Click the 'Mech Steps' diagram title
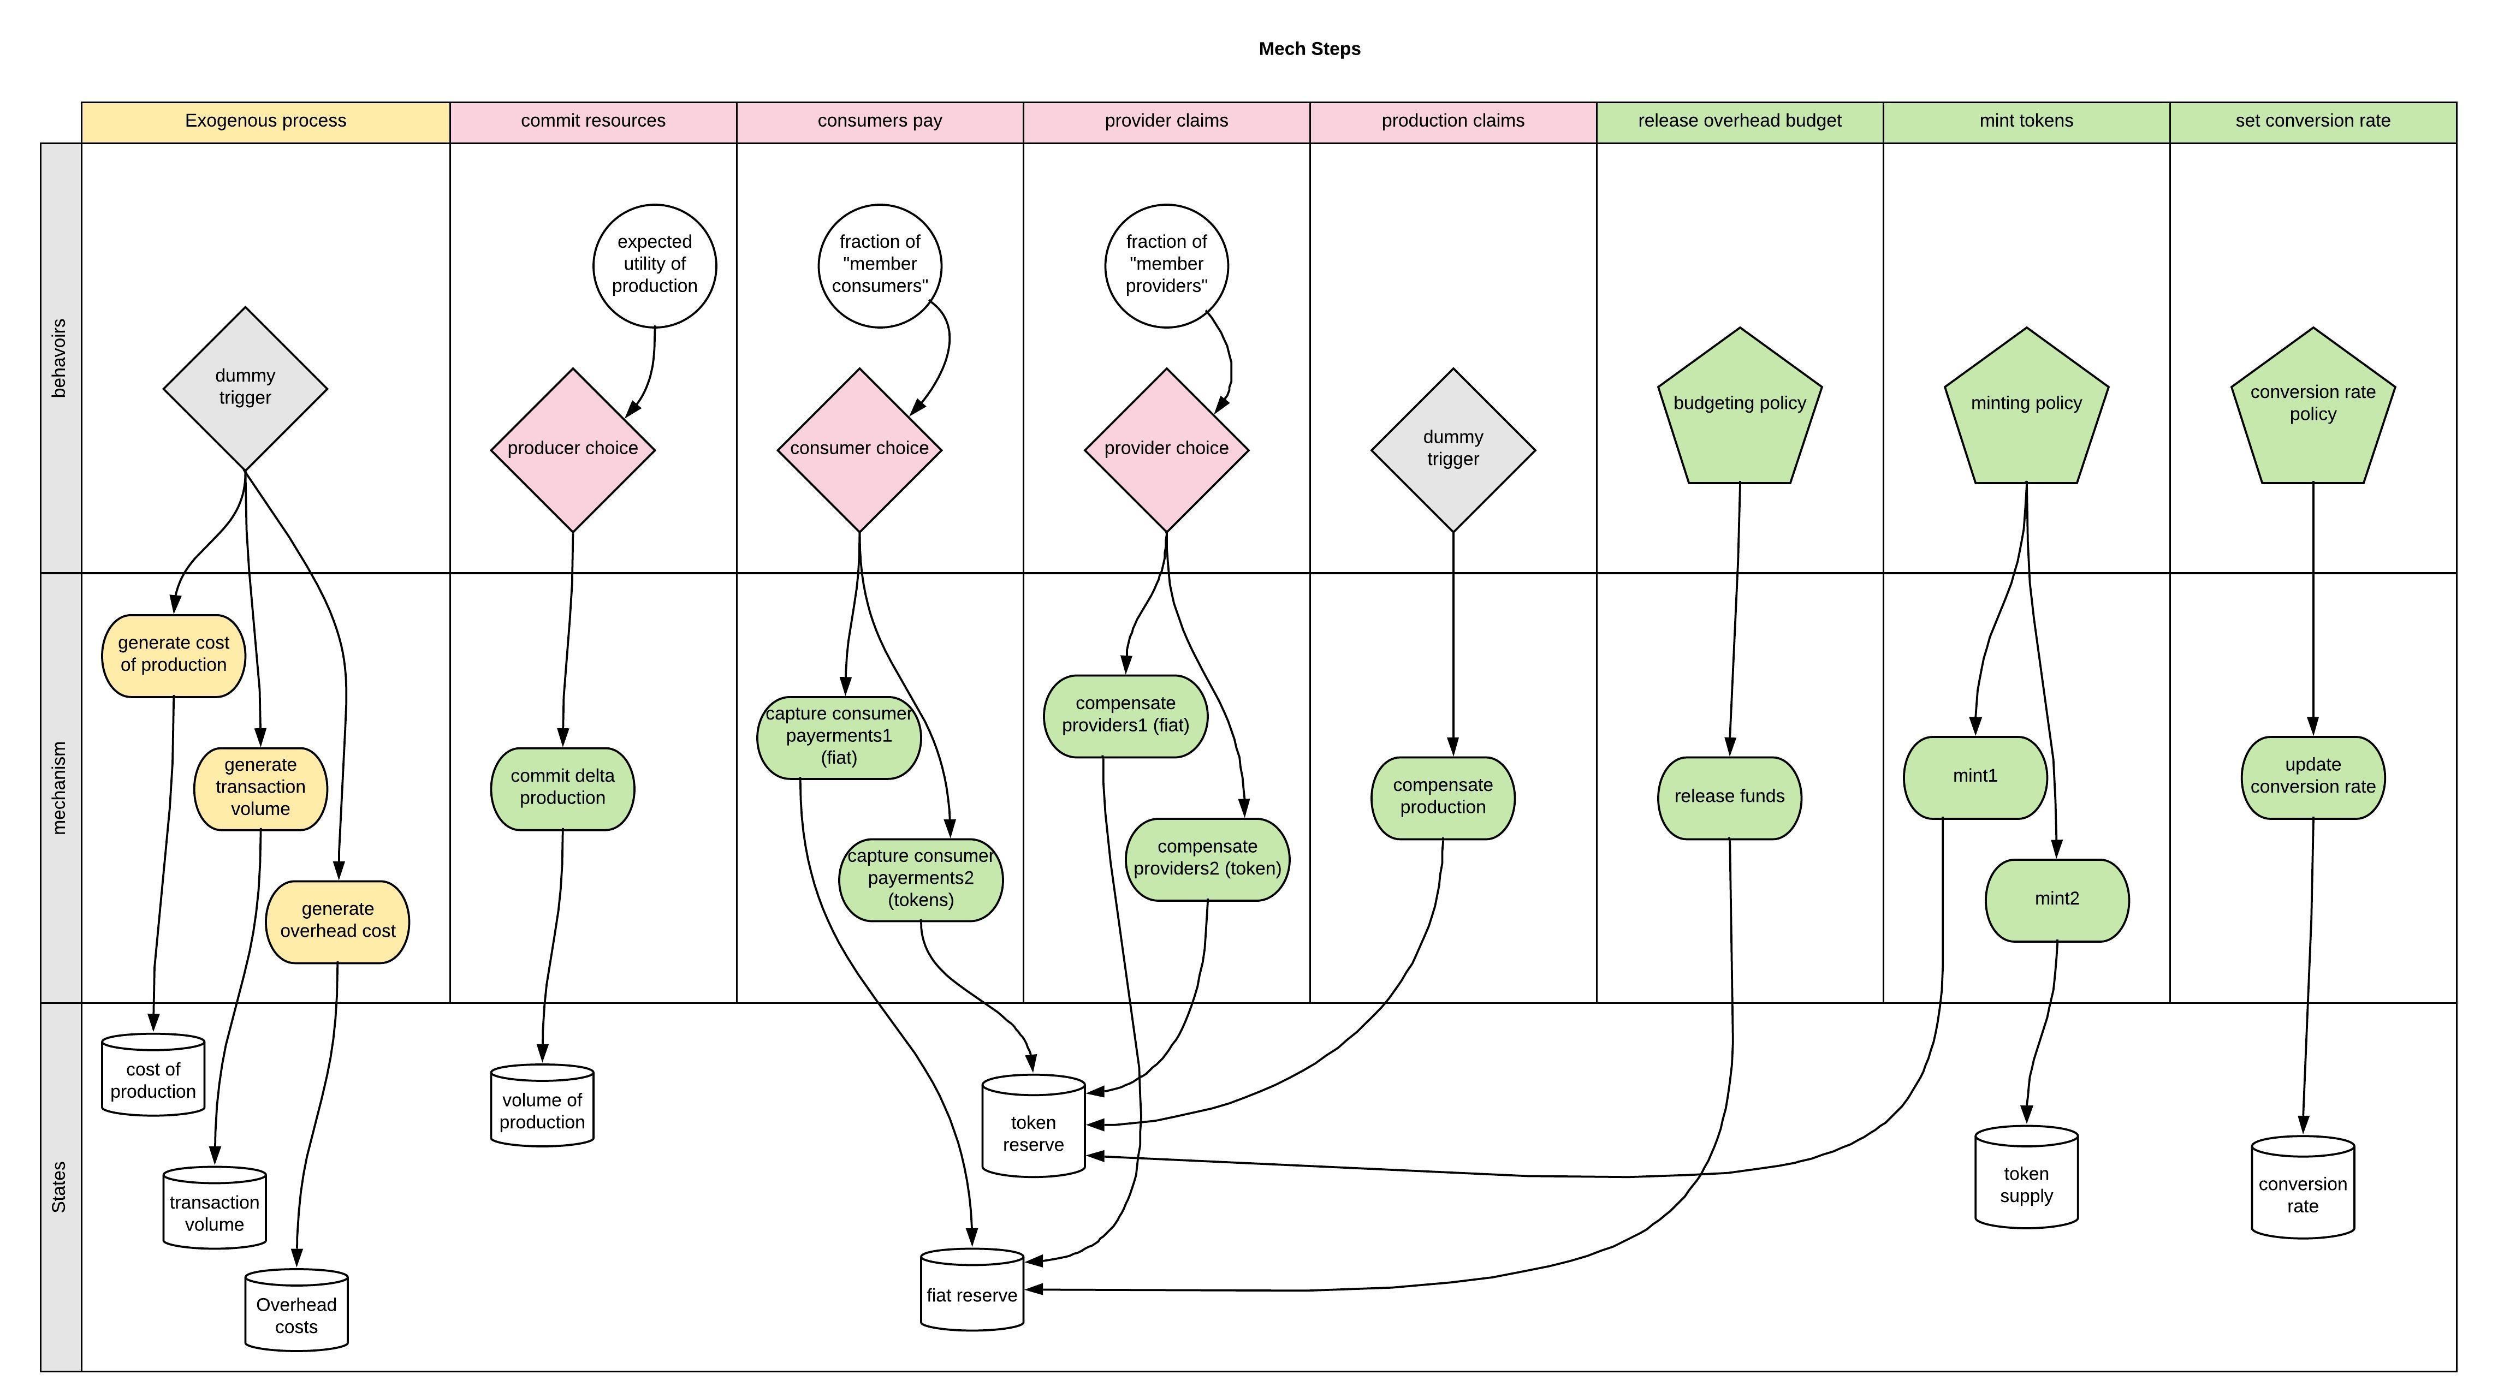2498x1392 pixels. tap(1309, 49)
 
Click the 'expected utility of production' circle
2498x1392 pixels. tap(655, 265)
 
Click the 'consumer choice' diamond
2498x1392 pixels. tap(859, 449)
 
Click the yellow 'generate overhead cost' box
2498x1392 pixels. tap(337, 921)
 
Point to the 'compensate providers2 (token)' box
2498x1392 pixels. tap(1207, 859)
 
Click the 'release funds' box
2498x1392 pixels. tap(1729, 797)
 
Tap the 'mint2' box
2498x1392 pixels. tap(2057, 900)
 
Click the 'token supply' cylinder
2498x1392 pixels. tap(2026, 1179)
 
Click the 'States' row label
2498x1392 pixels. tap(59, 1187)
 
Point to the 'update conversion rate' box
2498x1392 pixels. tap(2313, 776)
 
